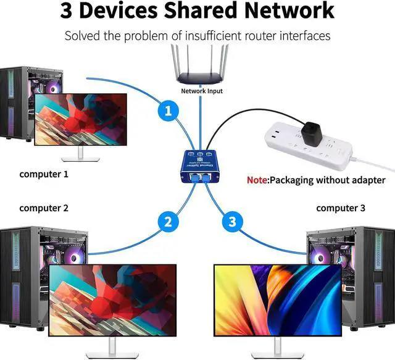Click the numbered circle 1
tap(168, 112)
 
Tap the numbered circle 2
tap(168, 220)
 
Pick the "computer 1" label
tap(44, 174)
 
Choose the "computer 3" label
tap(341, 208)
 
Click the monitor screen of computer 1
tap(81, 119)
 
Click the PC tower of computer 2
tap(25, 272)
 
